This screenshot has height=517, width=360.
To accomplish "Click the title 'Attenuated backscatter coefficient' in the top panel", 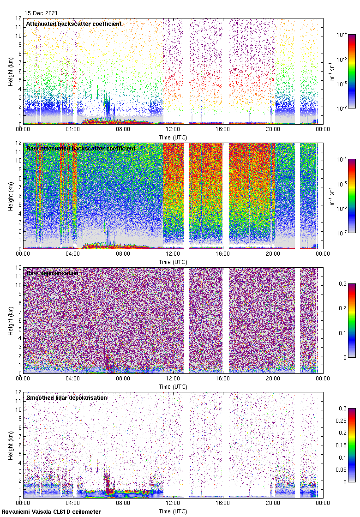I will point(74,24).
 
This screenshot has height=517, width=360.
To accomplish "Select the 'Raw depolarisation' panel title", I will point(52,273).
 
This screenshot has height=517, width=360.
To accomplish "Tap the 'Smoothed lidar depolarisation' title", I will point(67,397).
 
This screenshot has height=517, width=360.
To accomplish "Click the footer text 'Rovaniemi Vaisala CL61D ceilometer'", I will point(51,511).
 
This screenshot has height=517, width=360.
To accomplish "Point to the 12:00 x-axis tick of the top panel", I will point(173,129).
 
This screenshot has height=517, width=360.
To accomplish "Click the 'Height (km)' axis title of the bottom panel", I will point(11,445).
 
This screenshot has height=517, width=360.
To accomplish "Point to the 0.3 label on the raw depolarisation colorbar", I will point(342,283).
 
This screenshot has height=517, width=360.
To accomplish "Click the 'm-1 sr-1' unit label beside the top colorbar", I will point(332,71).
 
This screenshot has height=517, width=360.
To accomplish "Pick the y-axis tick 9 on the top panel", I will point(20,45).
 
